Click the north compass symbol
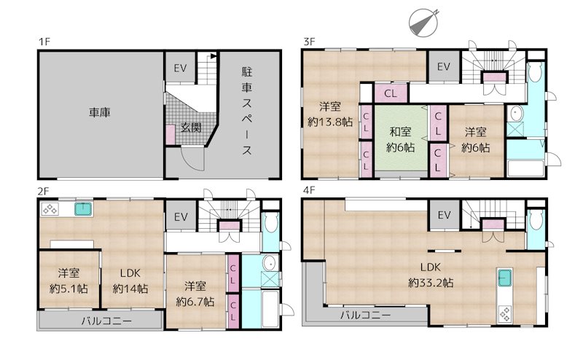coord(423,23)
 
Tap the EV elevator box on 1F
coord(180,68)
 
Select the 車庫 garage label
coord(100,112)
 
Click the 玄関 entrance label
coord(191,128)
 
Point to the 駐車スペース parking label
coord(247,111)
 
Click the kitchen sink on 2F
coord(84,209)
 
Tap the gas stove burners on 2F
coord(50,209)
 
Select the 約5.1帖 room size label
coord(69,289)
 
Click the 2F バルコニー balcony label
coord(106,321)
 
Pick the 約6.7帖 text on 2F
coord(195,302)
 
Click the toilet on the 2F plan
coord(271,222)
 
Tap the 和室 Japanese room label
coord(400,131)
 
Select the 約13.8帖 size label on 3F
coord(330,122)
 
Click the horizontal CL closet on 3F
coord(391,93)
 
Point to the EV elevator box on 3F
coord(444,66)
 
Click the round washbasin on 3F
coord(517,114)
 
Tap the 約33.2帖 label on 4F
coord(431,283)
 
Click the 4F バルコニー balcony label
coord(366,316)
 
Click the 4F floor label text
coord(309,191)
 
